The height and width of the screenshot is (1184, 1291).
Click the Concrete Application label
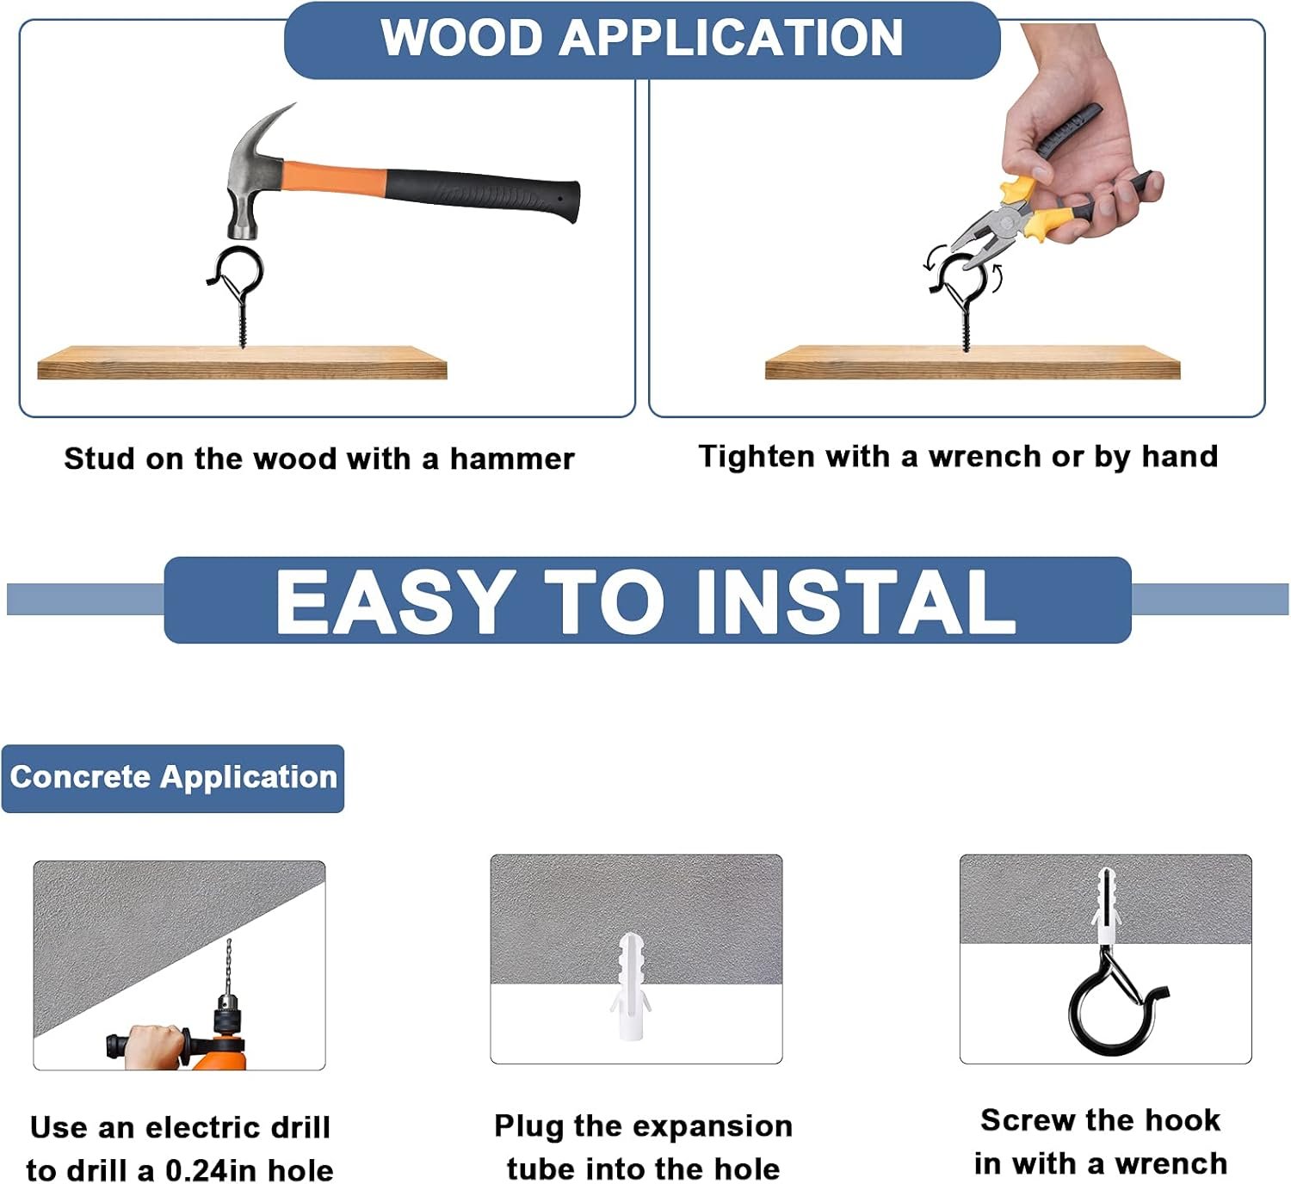pos(173,778)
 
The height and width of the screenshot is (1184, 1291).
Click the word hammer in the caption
pos(511,459)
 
